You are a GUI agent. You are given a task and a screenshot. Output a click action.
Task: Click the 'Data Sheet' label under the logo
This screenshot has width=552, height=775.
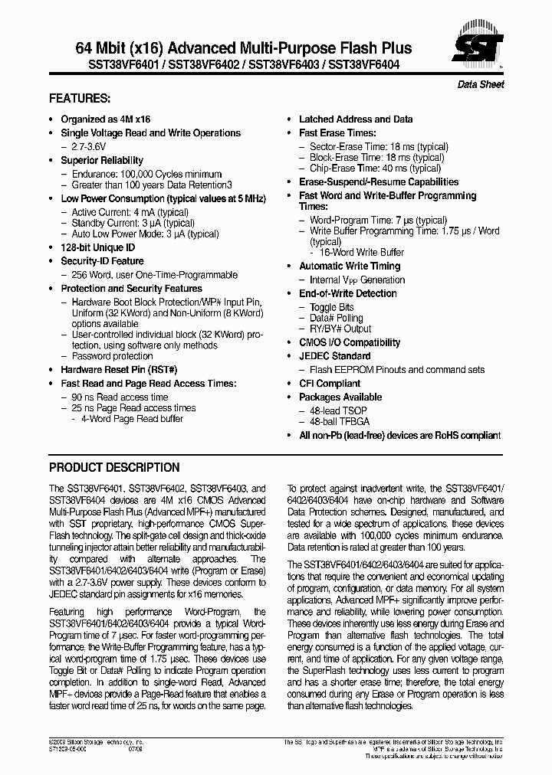(481, 84)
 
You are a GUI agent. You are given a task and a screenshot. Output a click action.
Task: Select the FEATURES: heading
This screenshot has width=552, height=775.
(80, 99)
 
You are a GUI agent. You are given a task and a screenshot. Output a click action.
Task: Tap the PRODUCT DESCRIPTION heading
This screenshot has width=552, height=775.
(114, 467)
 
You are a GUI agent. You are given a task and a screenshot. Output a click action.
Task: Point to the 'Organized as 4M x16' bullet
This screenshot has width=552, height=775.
(106, 119)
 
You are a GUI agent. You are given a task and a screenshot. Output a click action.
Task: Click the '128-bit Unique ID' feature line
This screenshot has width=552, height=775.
(97, 248)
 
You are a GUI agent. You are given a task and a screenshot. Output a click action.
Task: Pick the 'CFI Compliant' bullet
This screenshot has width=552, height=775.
(329, 384)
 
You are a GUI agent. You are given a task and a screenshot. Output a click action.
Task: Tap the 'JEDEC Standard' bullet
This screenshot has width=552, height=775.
(334, 356)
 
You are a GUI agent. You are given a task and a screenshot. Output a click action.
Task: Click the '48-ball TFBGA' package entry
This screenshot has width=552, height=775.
(340, 422)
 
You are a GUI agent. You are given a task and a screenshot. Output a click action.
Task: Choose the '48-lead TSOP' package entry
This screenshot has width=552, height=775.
(338, 410)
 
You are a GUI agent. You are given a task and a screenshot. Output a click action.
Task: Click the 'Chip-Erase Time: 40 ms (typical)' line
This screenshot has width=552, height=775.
(375, 168)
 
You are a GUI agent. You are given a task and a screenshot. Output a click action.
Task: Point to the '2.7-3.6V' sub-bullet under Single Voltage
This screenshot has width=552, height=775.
(91, 147)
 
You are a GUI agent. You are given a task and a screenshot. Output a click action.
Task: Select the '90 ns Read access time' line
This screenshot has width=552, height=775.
(120, 397)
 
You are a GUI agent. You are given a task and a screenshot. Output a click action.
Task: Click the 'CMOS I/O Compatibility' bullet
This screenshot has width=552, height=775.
(349, 342)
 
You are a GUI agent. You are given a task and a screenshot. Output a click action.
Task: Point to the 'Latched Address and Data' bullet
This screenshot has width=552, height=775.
(355, 119)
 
